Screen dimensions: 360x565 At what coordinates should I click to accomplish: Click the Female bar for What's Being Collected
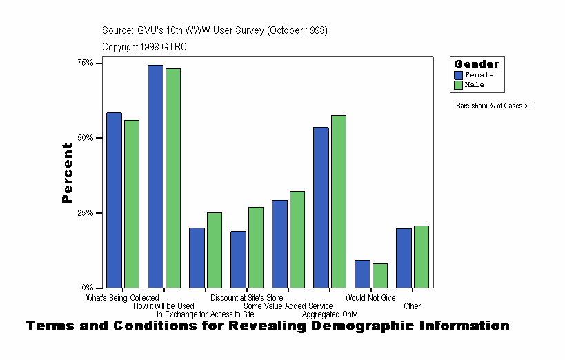(x=114, y=200)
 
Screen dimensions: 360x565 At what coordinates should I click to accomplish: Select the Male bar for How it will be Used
(x=173, y=178)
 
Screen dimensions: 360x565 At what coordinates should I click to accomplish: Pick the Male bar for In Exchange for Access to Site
(x=215, y=250)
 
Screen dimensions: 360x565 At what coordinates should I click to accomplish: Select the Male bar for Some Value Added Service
(x=297, y=239)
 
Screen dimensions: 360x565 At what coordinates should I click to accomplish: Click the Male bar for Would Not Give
(x=380, y=275)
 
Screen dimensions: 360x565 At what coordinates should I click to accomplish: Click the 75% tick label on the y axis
(x=85, y=63)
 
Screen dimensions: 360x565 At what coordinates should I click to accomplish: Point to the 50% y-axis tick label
(x=85, y=138)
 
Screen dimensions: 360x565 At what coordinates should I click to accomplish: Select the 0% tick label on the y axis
(x=88, y=288)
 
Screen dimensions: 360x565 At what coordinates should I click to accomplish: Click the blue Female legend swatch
(x=459, y=75)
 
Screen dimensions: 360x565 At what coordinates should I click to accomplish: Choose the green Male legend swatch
(x=459, y=85)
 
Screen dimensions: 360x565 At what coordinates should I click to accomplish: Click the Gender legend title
(x=476, y=64)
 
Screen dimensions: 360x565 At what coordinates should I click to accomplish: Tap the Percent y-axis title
(x=67, y=173)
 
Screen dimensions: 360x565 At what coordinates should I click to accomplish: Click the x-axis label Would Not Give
(x=370, y=298)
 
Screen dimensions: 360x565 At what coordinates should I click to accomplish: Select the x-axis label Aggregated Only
(x=329, y=314)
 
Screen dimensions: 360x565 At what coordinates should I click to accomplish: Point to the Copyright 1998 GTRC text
(x=144, y=47)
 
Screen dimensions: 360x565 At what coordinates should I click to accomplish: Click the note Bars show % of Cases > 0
(x=495, y=106)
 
